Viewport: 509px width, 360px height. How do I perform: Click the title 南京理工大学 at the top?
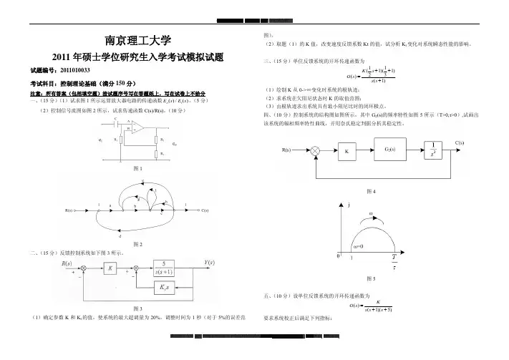point(133,39)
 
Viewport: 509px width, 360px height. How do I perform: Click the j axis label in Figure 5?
point(349,205)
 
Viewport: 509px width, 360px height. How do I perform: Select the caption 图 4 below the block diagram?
point(369,191)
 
